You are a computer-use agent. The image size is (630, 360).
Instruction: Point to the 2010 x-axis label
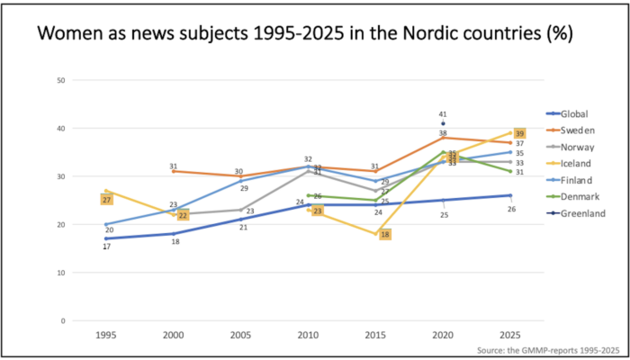(x=308, y=335)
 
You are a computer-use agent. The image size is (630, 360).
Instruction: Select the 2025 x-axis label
(x=509, y=335)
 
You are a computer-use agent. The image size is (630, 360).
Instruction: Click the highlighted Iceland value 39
(x=519, y=133)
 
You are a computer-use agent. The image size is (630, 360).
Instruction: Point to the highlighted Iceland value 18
(x=385, y=235)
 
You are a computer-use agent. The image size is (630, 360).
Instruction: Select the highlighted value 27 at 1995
(x=106, y=199)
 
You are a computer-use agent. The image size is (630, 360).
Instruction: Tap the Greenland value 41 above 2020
(x=443, y=114)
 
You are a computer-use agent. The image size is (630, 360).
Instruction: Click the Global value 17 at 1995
(x=107, y=247)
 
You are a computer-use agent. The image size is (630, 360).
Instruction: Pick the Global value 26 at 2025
(x=509, y=209)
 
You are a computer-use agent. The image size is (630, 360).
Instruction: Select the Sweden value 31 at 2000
(x=174, y=166)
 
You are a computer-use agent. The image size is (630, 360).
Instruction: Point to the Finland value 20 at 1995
(x=109, y=231)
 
